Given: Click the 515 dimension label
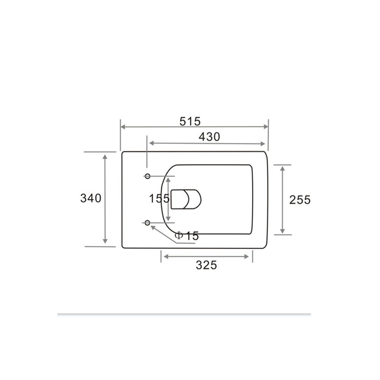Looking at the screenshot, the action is (190, 122).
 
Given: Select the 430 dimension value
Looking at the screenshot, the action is (209, 137).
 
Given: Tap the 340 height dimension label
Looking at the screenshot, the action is (91, 198).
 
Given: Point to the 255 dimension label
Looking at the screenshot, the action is (300, 200).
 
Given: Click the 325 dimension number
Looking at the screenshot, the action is (206, 265).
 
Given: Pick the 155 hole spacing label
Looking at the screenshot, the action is (159, 199).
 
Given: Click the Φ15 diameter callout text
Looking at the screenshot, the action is (187, 236).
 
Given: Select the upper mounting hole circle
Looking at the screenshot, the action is (147, 176).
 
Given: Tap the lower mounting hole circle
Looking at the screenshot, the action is (147, 223).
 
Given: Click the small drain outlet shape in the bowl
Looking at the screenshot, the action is (186, 199).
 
